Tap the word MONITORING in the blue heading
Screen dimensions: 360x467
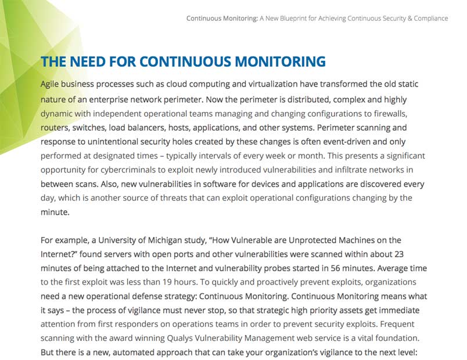coord(279,62)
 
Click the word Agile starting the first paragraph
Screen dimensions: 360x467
coord(51,85)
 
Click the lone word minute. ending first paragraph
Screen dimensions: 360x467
coord(55,213)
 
